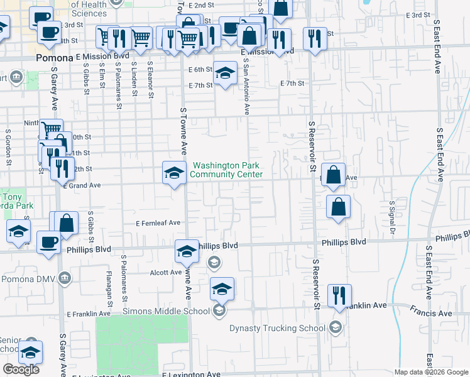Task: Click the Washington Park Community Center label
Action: tap(226, 170)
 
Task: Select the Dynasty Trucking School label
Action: tap(277, 327)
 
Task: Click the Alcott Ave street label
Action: tap(166, 273)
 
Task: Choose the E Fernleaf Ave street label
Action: tap(158, 222)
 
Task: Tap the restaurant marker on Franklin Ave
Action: tap(339, 296)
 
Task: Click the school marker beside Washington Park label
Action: tap(174, 173)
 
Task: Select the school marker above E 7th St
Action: tap(224, 74)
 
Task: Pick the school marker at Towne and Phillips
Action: tap(187, 251)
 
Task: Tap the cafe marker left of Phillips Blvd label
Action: tap(48, 243)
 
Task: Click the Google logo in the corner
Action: tap(21, 369)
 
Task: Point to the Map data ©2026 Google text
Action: tap(431, 372)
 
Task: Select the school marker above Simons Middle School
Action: tap(222, 289)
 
